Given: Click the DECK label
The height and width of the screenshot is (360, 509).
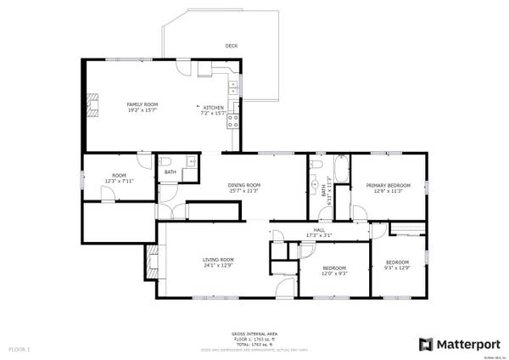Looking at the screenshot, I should coord(231,46).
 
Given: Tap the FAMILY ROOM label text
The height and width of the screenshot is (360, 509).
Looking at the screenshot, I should coord(143,103).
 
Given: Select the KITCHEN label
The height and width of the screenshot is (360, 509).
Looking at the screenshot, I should coord(212,107).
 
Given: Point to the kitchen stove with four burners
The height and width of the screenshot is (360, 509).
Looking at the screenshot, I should coord(232,121).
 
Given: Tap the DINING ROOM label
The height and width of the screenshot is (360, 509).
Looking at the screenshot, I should coord(243,185).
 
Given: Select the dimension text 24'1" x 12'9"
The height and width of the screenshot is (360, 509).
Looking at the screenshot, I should coord(218,266).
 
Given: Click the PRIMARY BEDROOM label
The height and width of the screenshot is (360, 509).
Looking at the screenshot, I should coord(388,185).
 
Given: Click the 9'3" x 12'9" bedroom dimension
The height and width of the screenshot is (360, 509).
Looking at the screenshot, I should coord(397,268).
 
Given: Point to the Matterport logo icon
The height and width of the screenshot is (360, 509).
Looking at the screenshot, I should coord(426,344).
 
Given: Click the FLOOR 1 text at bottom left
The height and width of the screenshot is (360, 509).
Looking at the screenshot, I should coord(20,349).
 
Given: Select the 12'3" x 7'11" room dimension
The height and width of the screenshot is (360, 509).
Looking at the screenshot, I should coord(119,181).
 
